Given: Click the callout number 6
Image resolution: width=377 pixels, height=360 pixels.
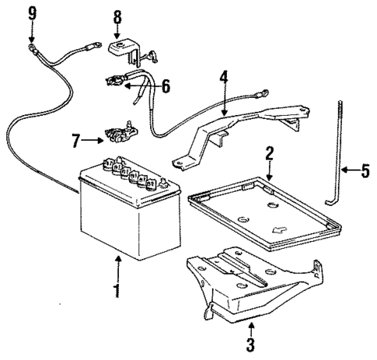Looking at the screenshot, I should pyautogui.click(x=165, y=86).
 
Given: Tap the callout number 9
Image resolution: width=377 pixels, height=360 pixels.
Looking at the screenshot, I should pyautogui.click(x=32, y=12).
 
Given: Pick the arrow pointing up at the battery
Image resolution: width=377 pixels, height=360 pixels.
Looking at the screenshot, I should pyautogui.click(x=118, y=268).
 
